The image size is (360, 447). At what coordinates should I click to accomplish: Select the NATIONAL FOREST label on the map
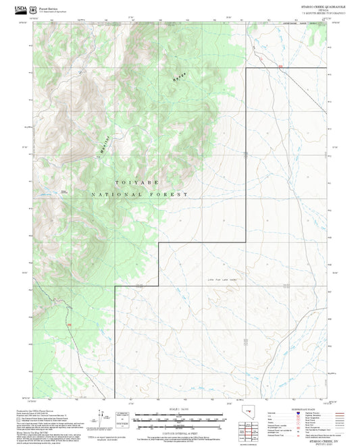click(x=139, y=194)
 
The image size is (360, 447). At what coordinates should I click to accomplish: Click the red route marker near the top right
click(x=281, y=65)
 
